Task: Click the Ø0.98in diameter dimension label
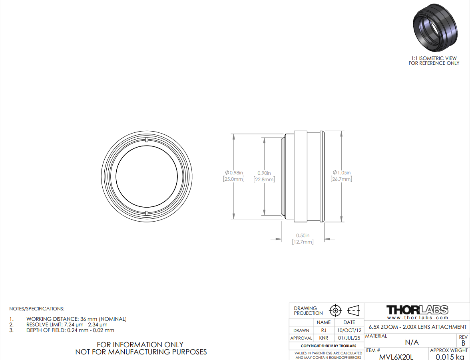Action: (x=233, y=176)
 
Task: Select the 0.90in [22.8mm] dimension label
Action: (x=264, y=176)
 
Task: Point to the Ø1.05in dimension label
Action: (x=341, y=176)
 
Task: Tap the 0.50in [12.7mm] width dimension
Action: (x=303, y=239)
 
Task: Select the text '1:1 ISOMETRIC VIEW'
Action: (x=434, y=58)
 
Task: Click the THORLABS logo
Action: (x=417, y=310)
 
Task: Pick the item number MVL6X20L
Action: (x=396, y=357)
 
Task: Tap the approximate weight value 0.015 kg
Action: (x=450, y=357)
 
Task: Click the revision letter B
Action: (x=464, y=343)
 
